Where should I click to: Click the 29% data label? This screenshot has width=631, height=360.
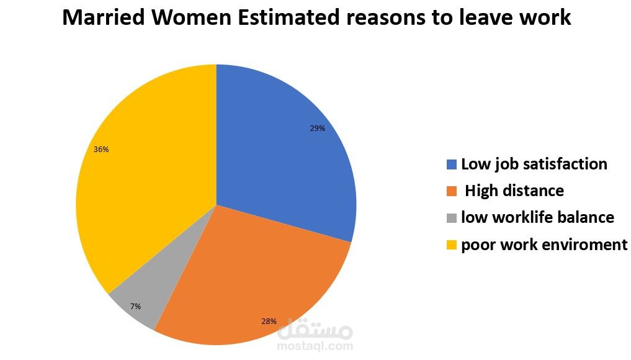(318, 128)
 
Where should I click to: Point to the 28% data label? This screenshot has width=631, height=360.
(269, 322)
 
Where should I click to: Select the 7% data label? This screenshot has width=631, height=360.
(135, 306)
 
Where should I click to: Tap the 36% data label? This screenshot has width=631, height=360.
(101, 149)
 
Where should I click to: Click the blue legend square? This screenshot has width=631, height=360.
(451, 164)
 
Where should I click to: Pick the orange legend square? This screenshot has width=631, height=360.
(451, 191)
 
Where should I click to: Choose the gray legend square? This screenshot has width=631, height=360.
(451, 218)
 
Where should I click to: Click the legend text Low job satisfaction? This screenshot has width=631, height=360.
(534, 164)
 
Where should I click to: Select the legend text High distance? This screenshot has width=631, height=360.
(514, 191)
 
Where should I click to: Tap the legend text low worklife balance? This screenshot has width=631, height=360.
(537, 218)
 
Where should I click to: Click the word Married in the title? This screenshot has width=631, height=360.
(103, 17)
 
